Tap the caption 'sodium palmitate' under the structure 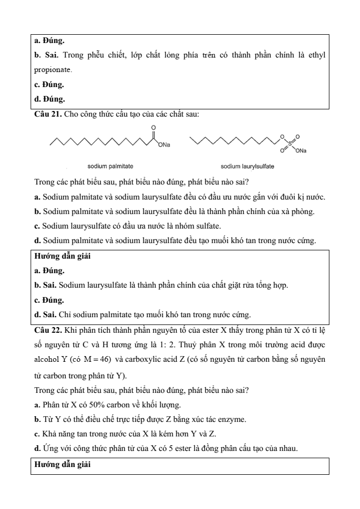click(110, 166)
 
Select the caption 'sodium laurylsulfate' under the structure click(247, 166)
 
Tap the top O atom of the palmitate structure click(154, 128)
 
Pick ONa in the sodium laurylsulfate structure click(300, 151)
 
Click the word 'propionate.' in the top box click(53, 69)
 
